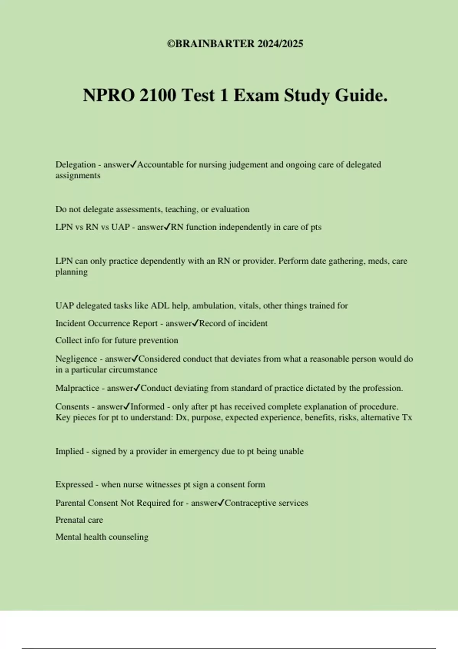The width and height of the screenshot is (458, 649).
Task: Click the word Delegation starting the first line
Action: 76,165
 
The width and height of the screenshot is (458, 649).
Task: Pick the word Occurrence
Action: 109,323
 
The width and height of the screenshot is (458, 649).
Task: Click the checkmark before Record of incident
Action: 195,323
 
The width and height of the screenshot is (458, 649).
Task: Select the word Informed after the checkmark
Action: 147,407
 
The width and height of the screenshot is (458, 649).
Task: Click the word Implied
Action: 69,451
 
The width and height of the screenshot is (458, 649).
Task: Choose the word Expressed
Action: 74,484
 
